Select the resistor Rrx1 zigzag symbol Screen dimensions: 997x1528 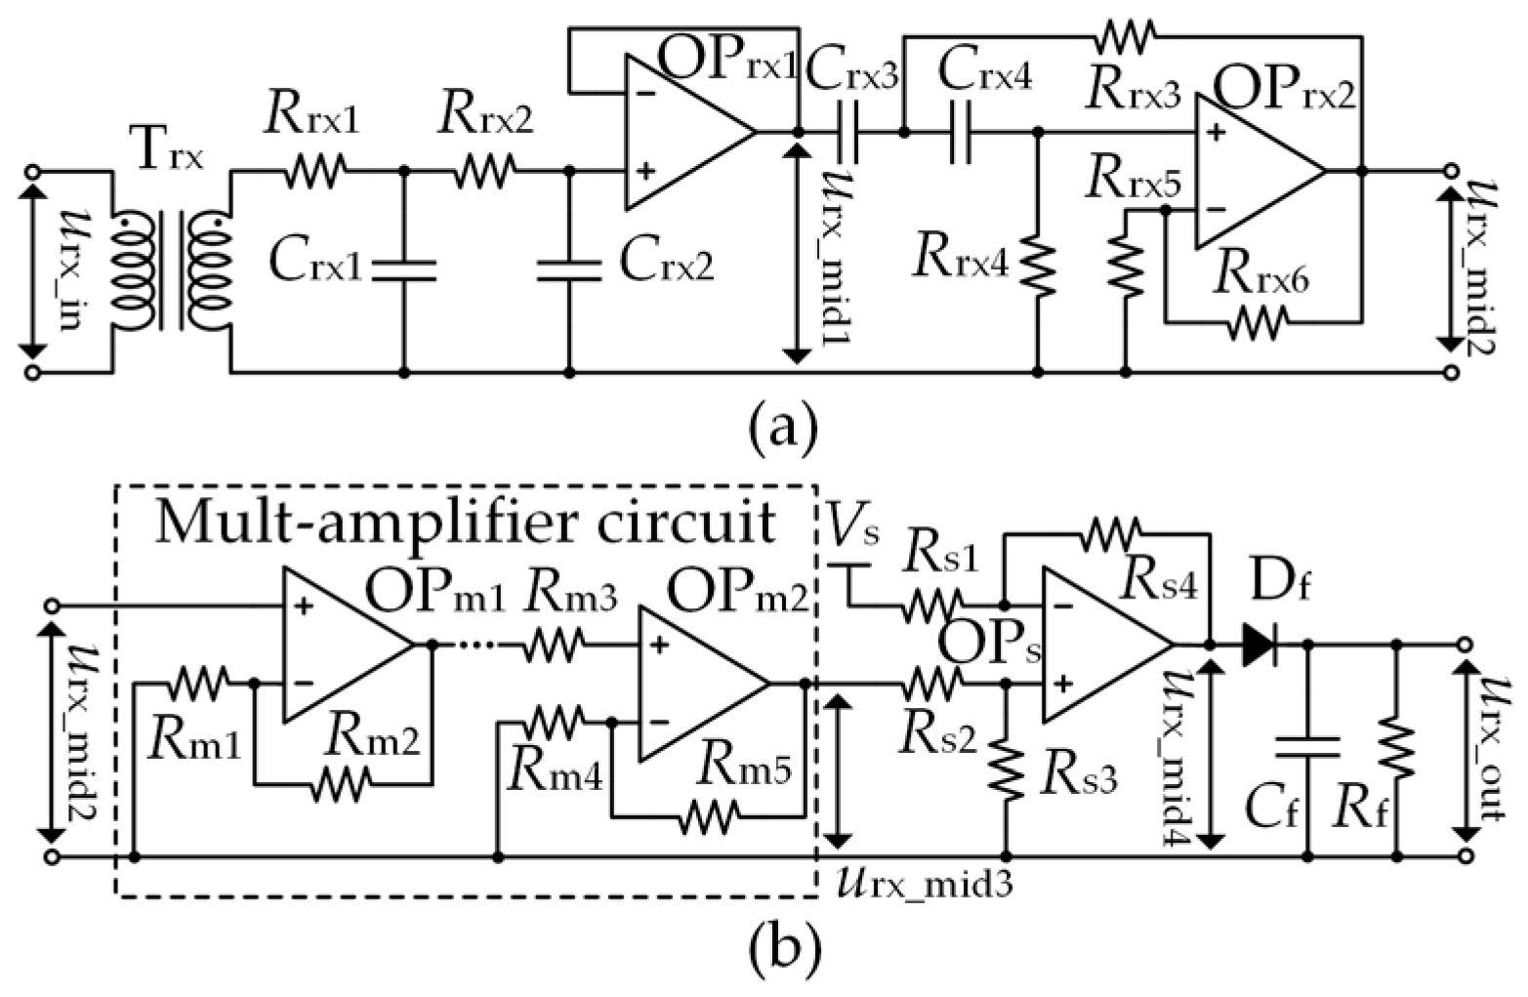pos(315,174)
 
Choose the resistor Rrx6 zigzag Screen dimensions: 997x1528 pos(1258,319)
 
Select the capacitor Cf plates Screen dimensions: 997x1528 pos(1308,746)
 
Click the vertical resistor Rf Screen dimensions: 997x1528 pos(1398,747)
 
